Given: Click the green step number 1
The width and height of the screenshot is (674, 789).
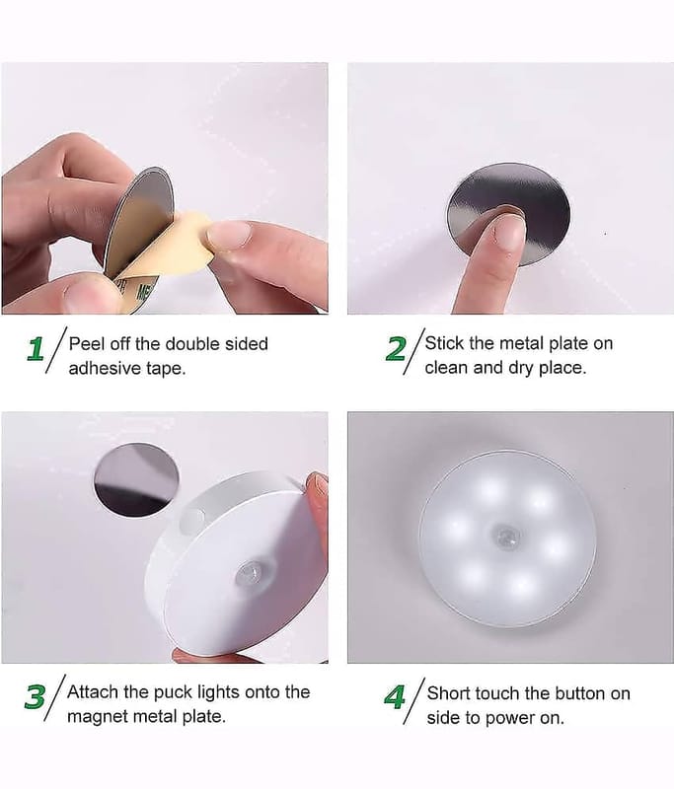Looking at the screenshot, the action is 36,349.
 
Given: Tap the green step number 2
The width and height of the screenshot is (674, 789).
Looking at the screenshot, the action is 395,349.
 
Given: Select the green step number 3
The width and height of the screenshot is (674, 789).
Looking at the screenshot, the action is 36,697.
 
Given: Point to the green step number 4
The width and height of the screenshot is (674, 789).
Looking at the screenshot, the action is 395,697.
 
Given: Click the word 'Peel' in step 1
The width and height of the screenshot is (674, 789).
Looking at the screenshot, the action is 87,343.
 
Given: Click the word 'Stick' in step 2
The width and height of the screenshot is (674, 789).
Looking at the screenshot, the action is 444,343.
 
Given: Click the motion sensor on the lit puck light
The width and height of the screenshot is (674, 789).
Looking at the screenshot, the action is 507,537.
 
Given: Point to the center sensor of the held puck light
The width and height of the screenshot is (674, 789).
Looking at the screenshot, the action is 251,573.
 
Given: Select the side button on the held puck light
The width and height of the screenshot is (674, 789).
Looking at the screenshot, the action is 192,520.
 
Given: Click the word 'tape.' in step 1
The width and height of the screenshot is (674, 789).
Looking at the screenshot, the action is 166,368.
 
